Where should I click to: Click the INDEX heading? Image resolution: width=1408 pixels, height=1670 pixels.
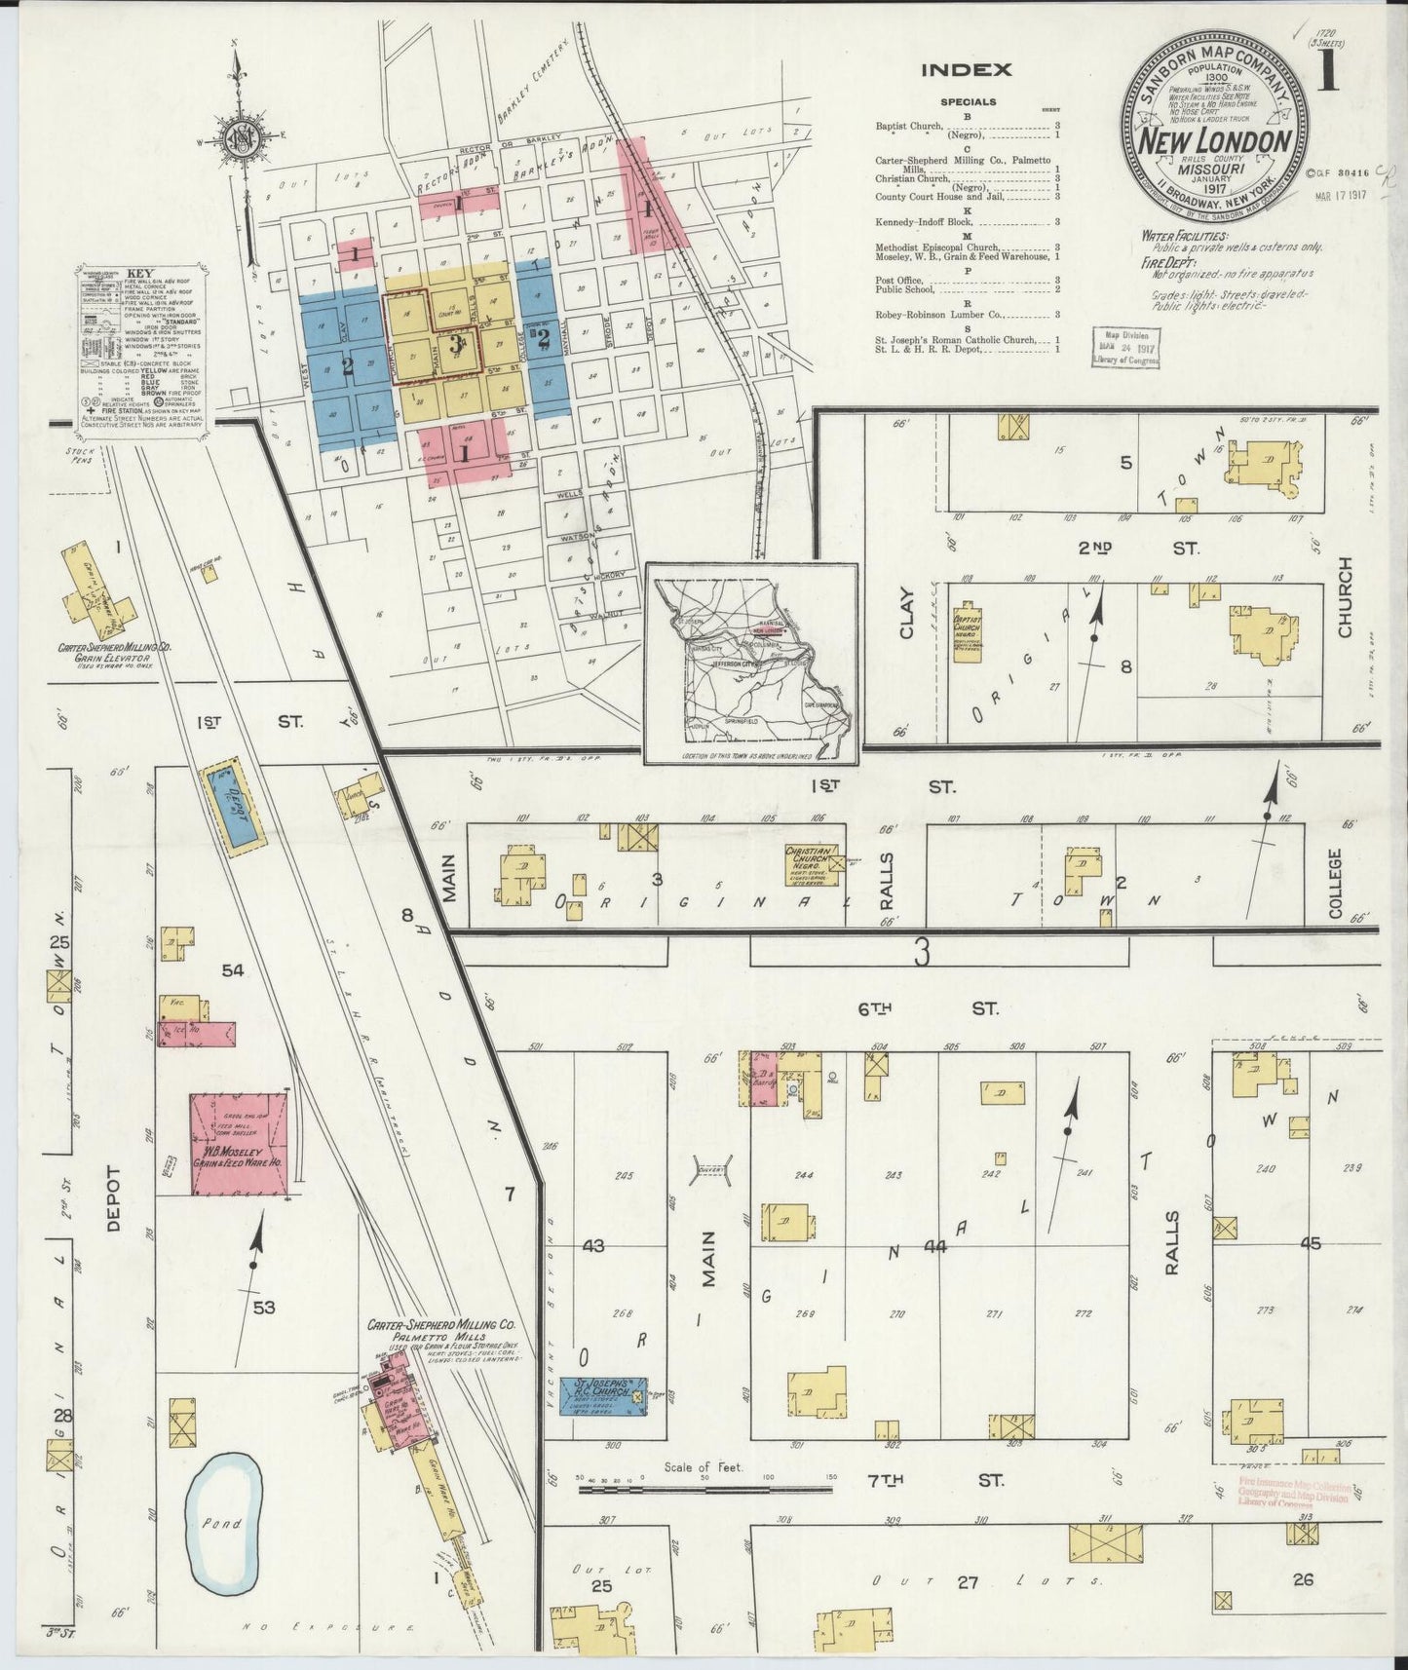click(967, 70)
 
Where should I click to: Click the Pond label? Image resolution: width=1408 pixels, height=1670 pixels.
click(223, 1524)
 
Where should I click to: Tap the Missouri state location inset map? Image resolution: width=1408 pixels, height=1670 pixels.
click(750, 663)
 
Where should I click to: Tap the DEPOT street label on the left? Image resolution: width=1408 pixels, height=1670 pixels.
click(114, 1198)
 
